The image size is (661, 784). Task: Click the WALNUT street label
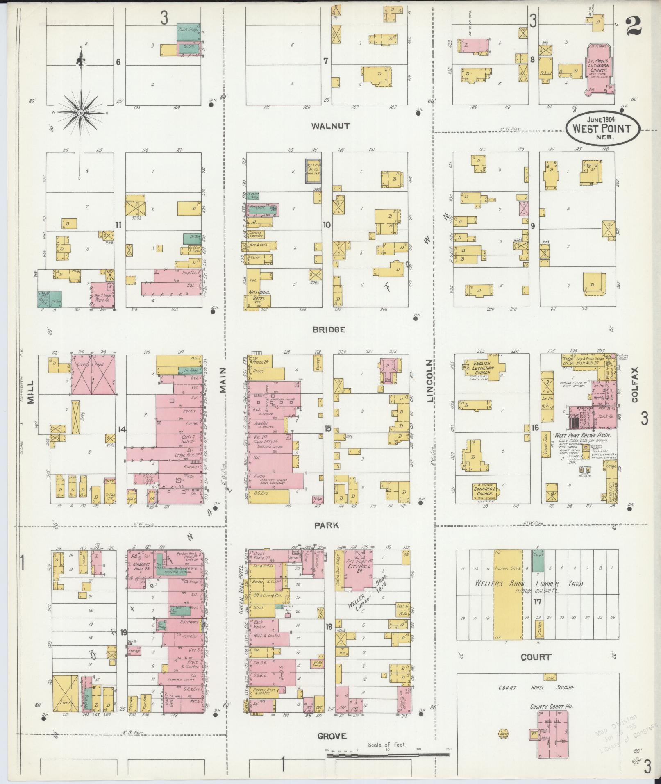[331, 126]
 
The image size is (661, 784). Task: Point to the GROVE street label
[332, 736]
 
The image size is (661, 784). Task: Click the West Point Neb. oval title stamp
[602, 128]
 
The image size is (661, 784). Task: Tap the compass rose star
[81, 112]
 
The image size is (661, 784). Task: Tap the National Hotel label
[259, 295]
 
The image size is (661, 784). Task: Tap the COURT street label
[536, 657]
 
